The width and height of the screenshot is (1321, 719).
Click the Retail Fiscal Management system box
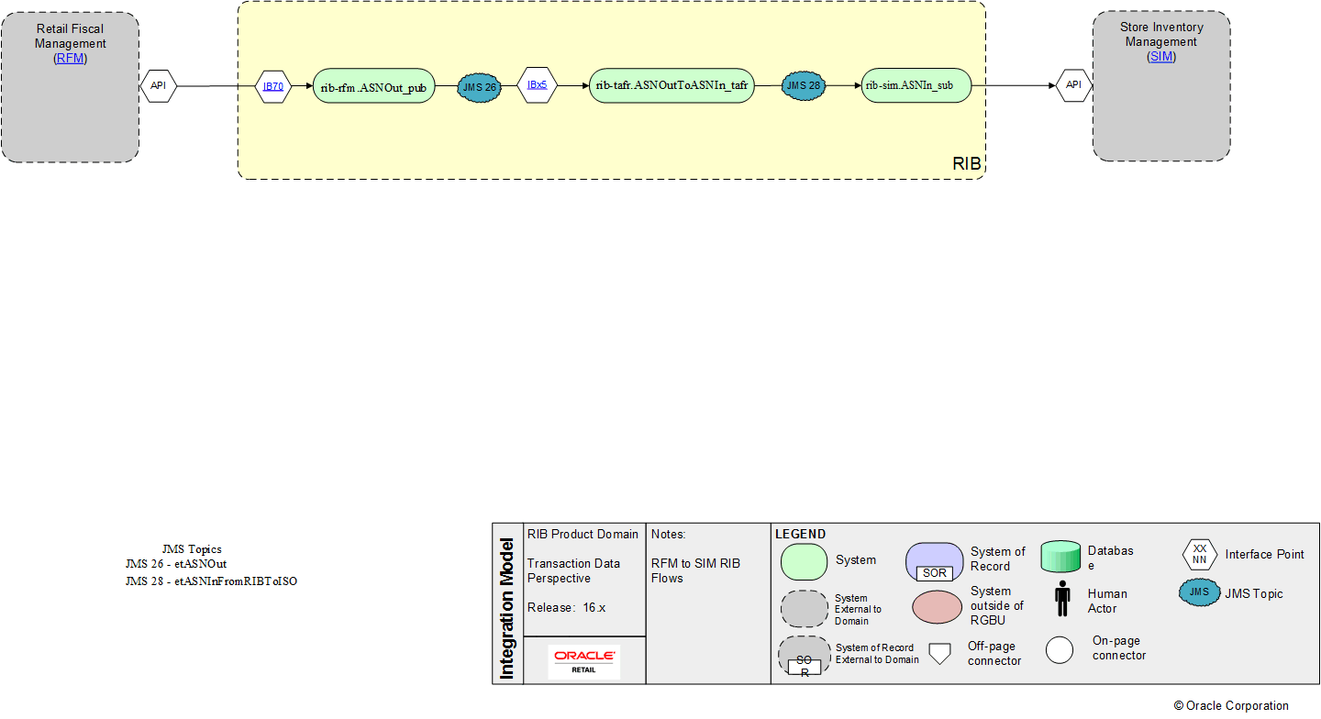coord(70,110)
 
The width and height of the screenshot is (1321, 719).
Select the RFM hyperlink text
coord(71,58)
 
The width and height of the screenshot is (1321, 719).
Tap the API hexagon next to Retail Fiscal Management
coord(158,86)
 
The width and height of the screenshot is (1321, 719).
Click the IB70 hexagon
coord(272,86)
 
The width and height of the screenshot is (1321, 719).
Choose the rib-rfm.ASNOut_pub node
coord(373,86)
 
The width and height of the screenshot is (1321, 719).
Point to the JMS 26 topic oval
coord(480,86)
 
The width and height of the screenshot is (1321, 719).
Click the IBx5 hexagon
coord(537,84)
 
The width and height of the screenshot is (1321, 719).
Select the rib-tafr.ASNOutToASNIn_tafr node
coord(672,85)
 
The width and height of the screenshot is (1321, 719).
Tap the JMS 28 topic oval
coord(803,85)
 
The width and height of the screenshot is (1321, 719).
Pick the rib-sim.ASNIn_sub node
coord(916,85)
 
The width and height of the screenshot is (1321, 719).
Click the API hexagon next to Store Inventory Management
coord(1073,85)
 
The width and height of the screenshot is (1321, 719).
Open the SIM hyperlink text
coord(1161,57)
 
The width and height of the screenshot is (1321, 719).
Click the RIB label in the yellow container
coord(967,164)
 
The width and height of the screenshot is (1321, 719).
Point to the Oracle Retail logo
coord(584,661)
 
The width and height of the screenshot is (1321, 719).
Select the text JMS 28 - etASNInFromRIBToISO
coord(211,581)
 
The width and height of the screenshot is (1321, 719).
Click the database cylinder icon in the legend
coord(1061,556)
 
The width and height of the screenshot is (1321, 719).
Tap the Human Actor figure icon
coord(1062,599)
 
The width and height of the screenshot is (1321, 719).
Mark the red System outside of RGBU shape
coord(937,606)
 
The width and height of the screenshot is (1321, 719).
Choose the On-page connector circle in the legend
coord(1060,649)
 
